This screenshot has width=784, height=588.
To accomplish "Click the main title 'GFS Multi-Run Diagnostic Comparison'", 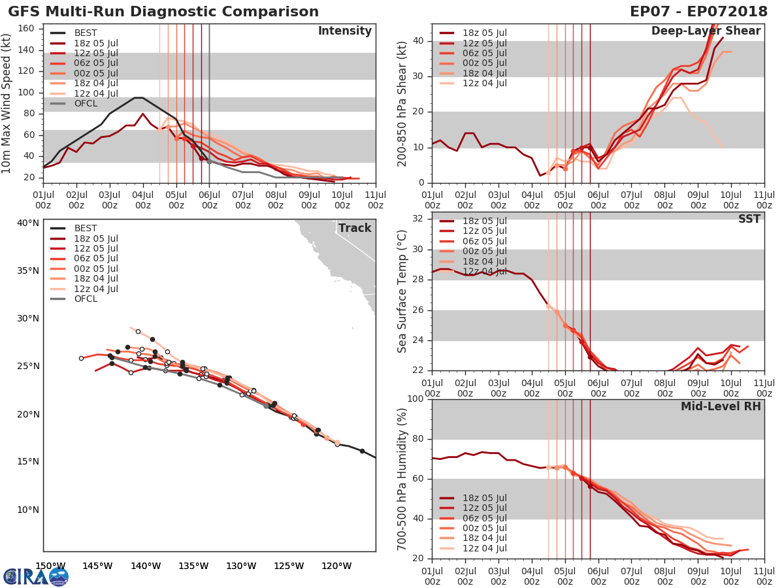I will (163, 12).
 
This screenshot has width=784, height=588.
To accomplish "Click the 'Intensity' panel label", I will (344, 31).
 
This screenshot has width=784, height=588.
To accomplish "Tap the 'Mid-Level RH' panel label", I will (721, 407).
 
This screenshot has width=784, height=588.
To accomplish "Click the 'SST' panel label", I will (749, 219).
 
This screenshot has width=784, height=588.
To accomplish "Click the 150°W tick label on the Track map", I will (50, 566).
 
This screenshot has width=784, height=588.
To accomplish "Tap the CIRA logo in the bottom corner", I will (35, 576).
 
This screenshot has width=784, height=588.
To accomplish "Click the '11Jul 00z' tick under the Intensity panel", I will (375, 200).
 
